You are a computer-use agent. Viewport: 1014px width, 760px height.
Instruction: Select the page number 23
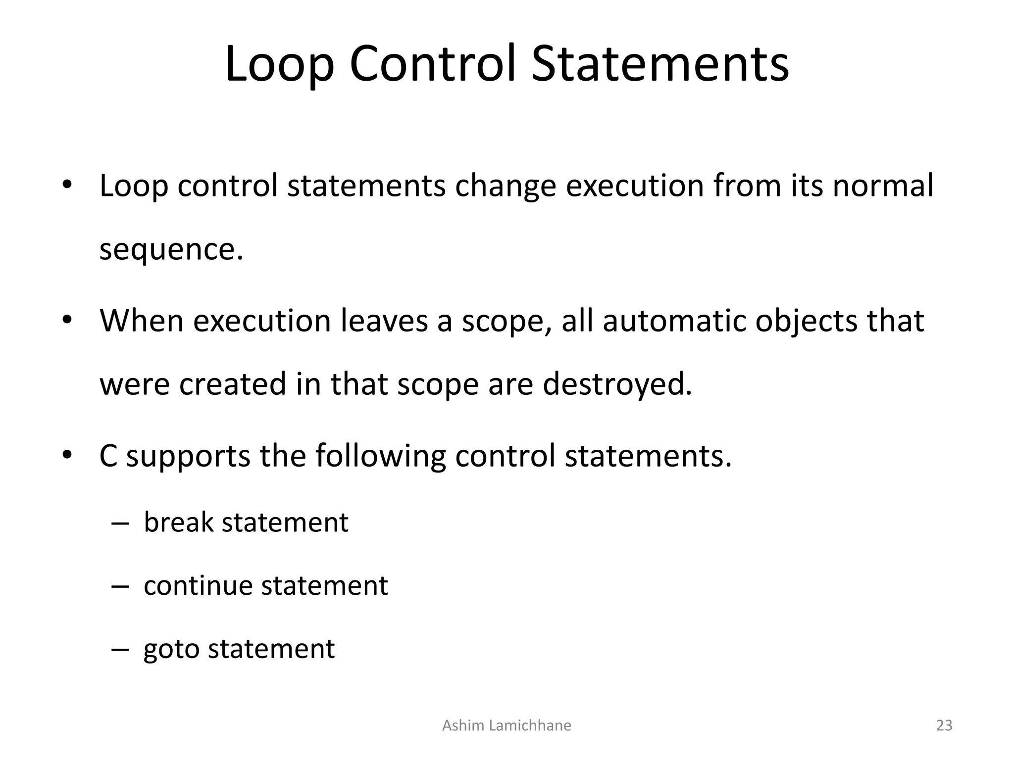(944, 725)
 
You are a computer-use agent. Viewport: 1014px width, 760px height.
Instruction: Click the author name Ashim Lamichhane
(507, 725)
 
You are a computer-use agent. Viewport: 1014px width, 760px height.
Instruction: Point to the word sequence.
(171, 250)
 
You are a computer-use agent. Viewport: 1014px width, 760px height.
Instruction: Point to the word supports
(188, 456)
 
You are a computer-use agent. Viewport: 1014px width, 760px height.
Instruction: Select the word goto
(171, 650)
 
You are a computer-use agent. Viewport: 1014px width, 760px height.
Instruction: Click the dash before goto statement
(120, 650)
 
